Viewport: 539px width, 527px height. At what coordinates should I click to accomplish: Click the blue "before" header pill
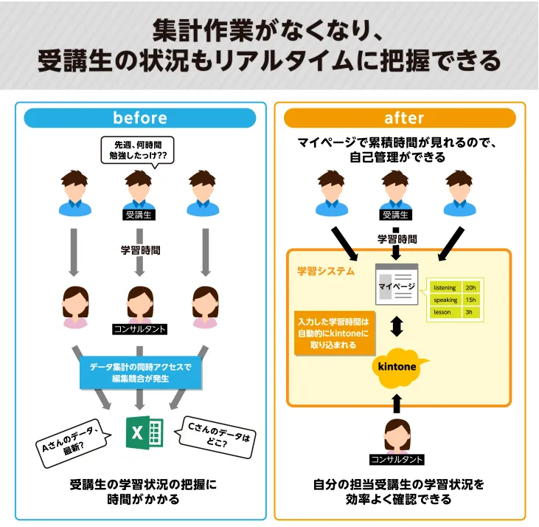[140, 118]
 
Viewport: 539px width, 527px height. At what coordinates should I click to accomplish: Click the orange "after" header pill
[403, 118]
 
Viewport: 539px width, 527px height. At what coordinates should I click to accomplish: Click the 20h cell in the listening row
[472, 287]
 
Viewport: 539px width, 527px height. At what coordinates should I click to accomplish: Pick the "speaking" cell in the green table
[445, 300]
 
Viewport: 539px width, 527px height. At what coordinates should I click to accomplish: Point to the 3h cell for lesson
[472, 312]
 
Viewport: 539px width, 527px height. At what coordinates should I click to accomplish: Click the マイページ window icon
[397, 285]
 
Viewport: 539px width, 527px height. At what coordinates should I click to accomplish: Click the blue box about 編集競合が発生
[140, 373]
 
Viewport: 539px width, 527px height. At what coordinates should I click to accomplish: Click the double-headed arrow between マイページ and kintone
[397, 325]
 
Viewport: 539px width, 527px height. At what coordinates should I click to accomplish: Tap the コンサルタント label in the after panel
[397, 460]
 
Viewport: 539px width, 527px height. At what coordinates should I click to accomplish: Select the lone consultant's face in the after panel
[397, 435]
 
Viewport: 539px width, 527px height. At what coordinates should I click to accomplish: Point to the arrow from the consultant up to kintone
[397, 402]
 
